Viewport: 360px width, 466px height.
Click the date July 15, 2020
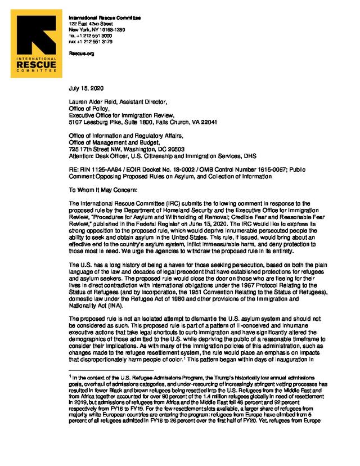(x=85, y=88)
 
